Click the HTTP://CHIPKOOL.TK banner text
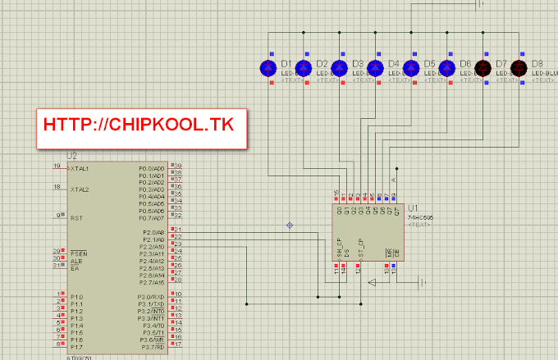coord(139,125)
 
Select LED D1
coord(267,68)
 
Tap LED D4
coord(375,68)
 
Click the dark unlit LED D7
coord(483,68)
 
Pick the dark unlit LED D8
coord(519,68)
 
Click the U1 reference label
coord(413,208)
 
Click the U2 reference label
coord(71,156)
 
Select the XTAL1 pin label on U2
coord(80,167)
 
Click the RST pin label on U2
coord(75,217)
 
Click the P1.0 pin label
coord(76,296)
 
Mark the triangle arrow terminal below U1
coord(372,283)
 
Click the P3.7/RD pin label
coord(152,347)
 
